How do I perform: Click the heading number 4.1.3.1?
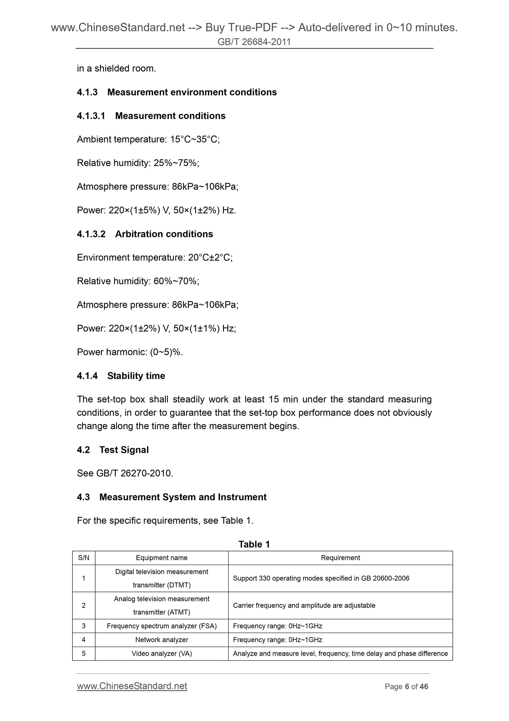[91, 116]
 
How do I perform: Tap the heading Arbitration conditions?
[164, 234]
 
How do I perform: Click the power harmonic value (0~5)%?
[166, 352]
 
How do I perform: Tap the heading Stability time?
[136, 376]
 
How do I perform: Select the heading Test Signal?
[124, 450]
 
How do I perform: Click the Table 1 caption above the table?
[254, 544]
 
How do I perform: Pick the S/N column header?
[84, 558]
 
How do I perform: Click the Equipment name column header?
[161, 558]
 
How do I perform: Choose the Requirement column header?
[340, 558]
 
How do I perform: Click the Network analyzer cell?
[161, 640]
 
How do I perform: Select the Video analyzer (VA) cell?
[161, 653]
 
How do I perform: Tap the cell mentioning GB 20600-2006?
[321, 579]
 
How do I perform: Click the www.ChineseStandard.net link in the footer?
[132, 686]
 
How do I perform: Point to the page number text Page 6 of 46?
[406, 686]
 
